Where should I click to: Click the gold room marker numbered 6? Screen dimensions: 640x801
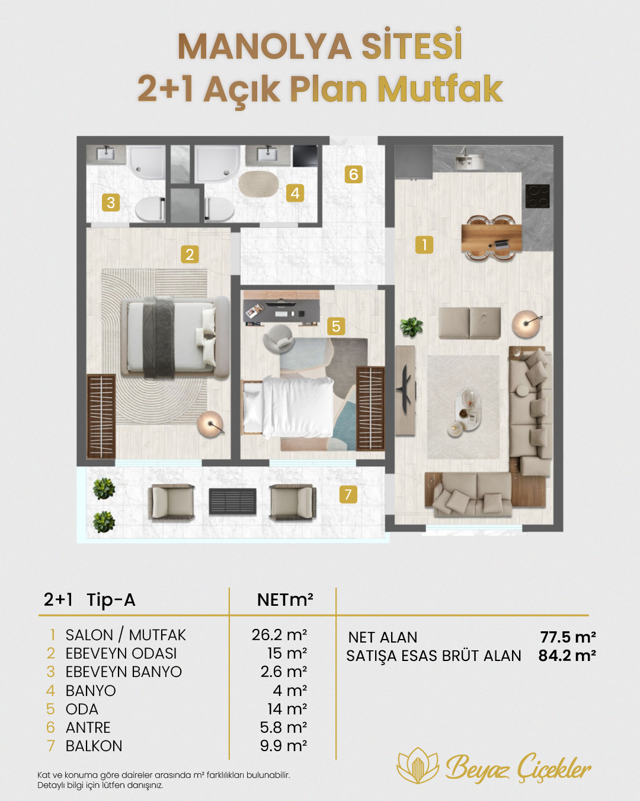354,174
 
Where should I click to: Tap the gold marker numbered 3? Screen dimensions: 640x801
111,202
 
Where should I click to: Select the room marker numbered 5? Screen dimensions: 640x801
336,326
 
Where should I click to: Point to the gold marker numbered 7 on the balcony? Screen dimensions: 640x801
348,494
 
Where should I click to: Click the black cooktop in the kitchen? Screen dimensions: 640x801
537,196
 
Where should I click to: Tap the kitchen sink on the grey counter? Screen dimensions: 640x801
469,160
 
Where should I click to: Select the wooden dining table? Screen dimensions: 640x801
492,238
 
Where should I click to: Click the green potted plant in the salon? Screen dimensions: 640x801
411,327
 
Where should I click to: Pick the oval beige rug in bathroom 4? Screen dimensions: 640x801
258,185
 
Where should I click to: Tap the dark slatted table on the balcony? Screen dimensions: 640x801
232,501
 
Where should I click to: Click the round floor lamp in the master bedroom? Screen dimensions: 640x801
211,425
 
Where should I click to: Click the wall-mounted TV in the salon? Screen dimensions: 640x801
405,390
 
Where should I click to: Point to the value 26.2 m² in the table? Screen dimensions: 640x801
279,635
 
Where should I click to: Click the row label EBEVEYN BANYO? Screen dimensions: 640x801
124,672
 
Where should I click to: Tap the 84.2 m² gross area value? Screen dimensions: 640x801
567,656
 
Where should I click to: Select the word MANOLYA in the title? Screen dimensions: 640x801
264,47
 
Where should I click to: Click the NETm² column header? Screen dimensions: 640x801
285,600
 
